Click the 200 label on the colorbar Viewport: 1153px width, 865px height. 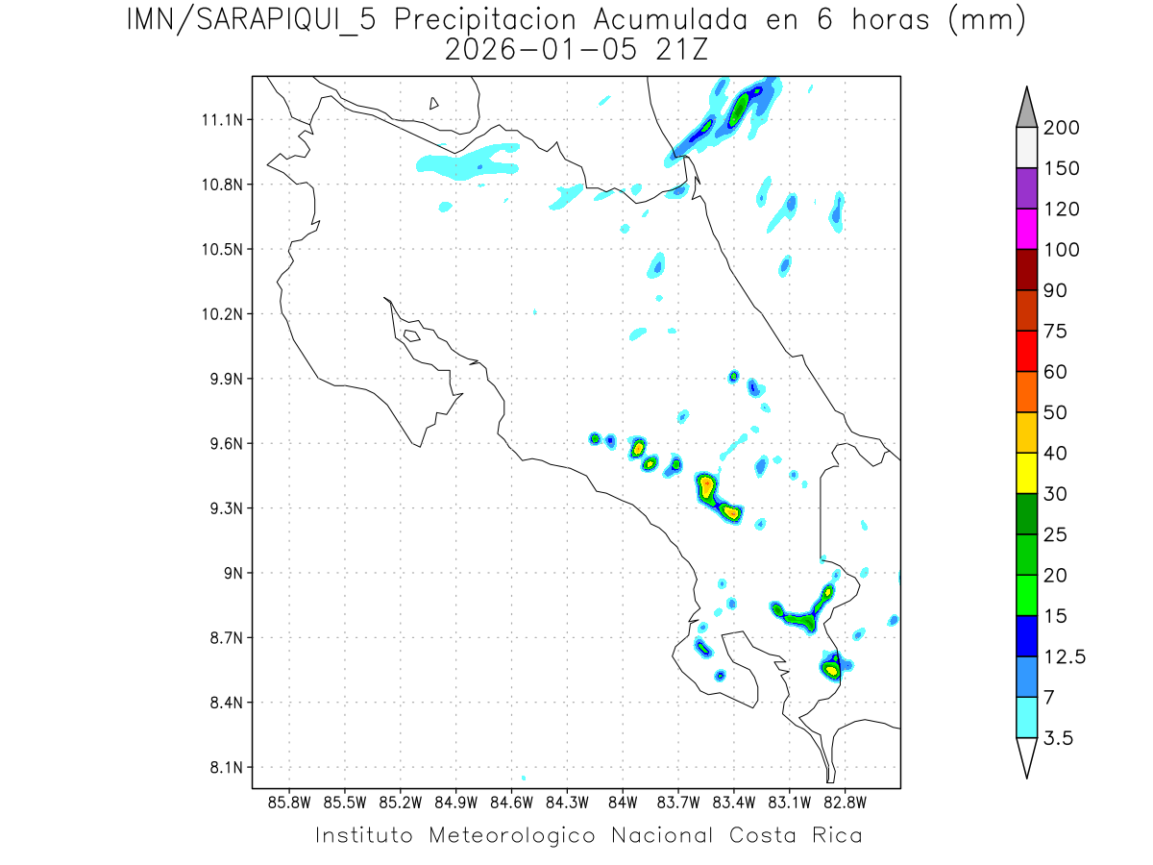pos(1062,128)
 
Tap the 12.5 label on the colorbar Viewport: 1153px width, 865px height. pos(1065,656)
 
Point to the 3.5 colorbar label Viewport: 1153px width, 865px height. pos(1058,738)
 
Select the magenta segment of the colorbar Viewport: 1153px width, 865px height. pos(1026,229)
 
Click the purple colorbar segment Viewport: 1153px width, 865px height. pos(1026,188)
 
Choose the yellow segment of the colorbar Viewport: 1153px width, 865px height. pos(1026,473)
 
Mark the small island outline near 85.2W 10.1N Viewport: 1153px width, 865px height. pos(411,335)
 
